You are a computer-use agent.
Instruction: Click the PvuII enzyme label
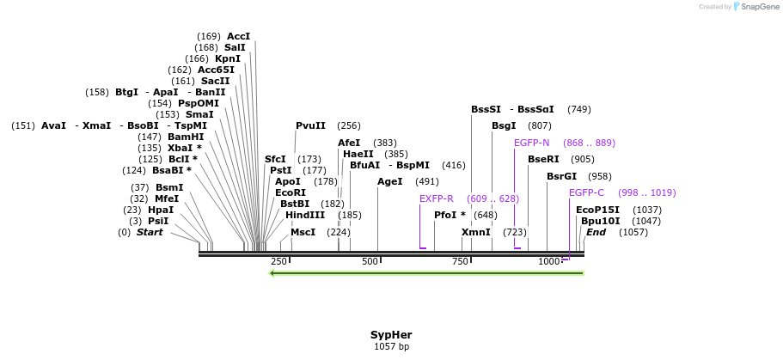(310, 125)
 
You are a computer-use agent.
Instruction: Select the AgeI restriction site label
(389, 181)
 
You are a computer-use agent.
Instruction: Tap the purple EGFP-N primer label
(531, 143)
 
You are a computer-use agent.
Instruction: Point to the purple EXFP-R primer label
(436, 198)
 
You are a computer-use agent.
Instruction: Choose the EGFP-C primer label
(586, 192)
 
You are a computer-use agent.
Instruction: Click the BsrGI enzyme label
(561, 176)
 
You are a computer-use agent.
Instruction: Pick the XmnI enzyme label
(475, 232)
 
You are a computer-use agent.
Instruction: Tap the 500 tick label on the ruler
(370, 261)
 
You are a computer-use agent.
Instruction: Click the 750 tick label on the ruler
(460, 261)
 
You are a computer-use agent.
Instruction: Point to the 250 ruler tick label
(278, 261)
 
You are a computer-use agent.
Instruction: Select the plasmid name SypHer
(391, 334)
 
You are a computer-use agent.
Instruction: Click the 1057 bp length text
(391, 347)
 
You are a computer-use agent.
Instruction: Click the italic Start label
(149, 232)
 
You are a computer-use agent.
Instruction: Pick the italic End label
(596, 232)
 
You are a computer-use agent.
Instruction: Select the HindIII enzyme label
(305, 215)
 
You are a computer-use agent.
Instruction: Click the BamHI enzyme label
(186, 137)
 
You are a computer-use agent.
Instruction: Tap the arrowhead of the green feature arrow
(272, 273)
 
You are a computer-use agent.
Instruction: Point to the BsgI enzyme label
(504, 125)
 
